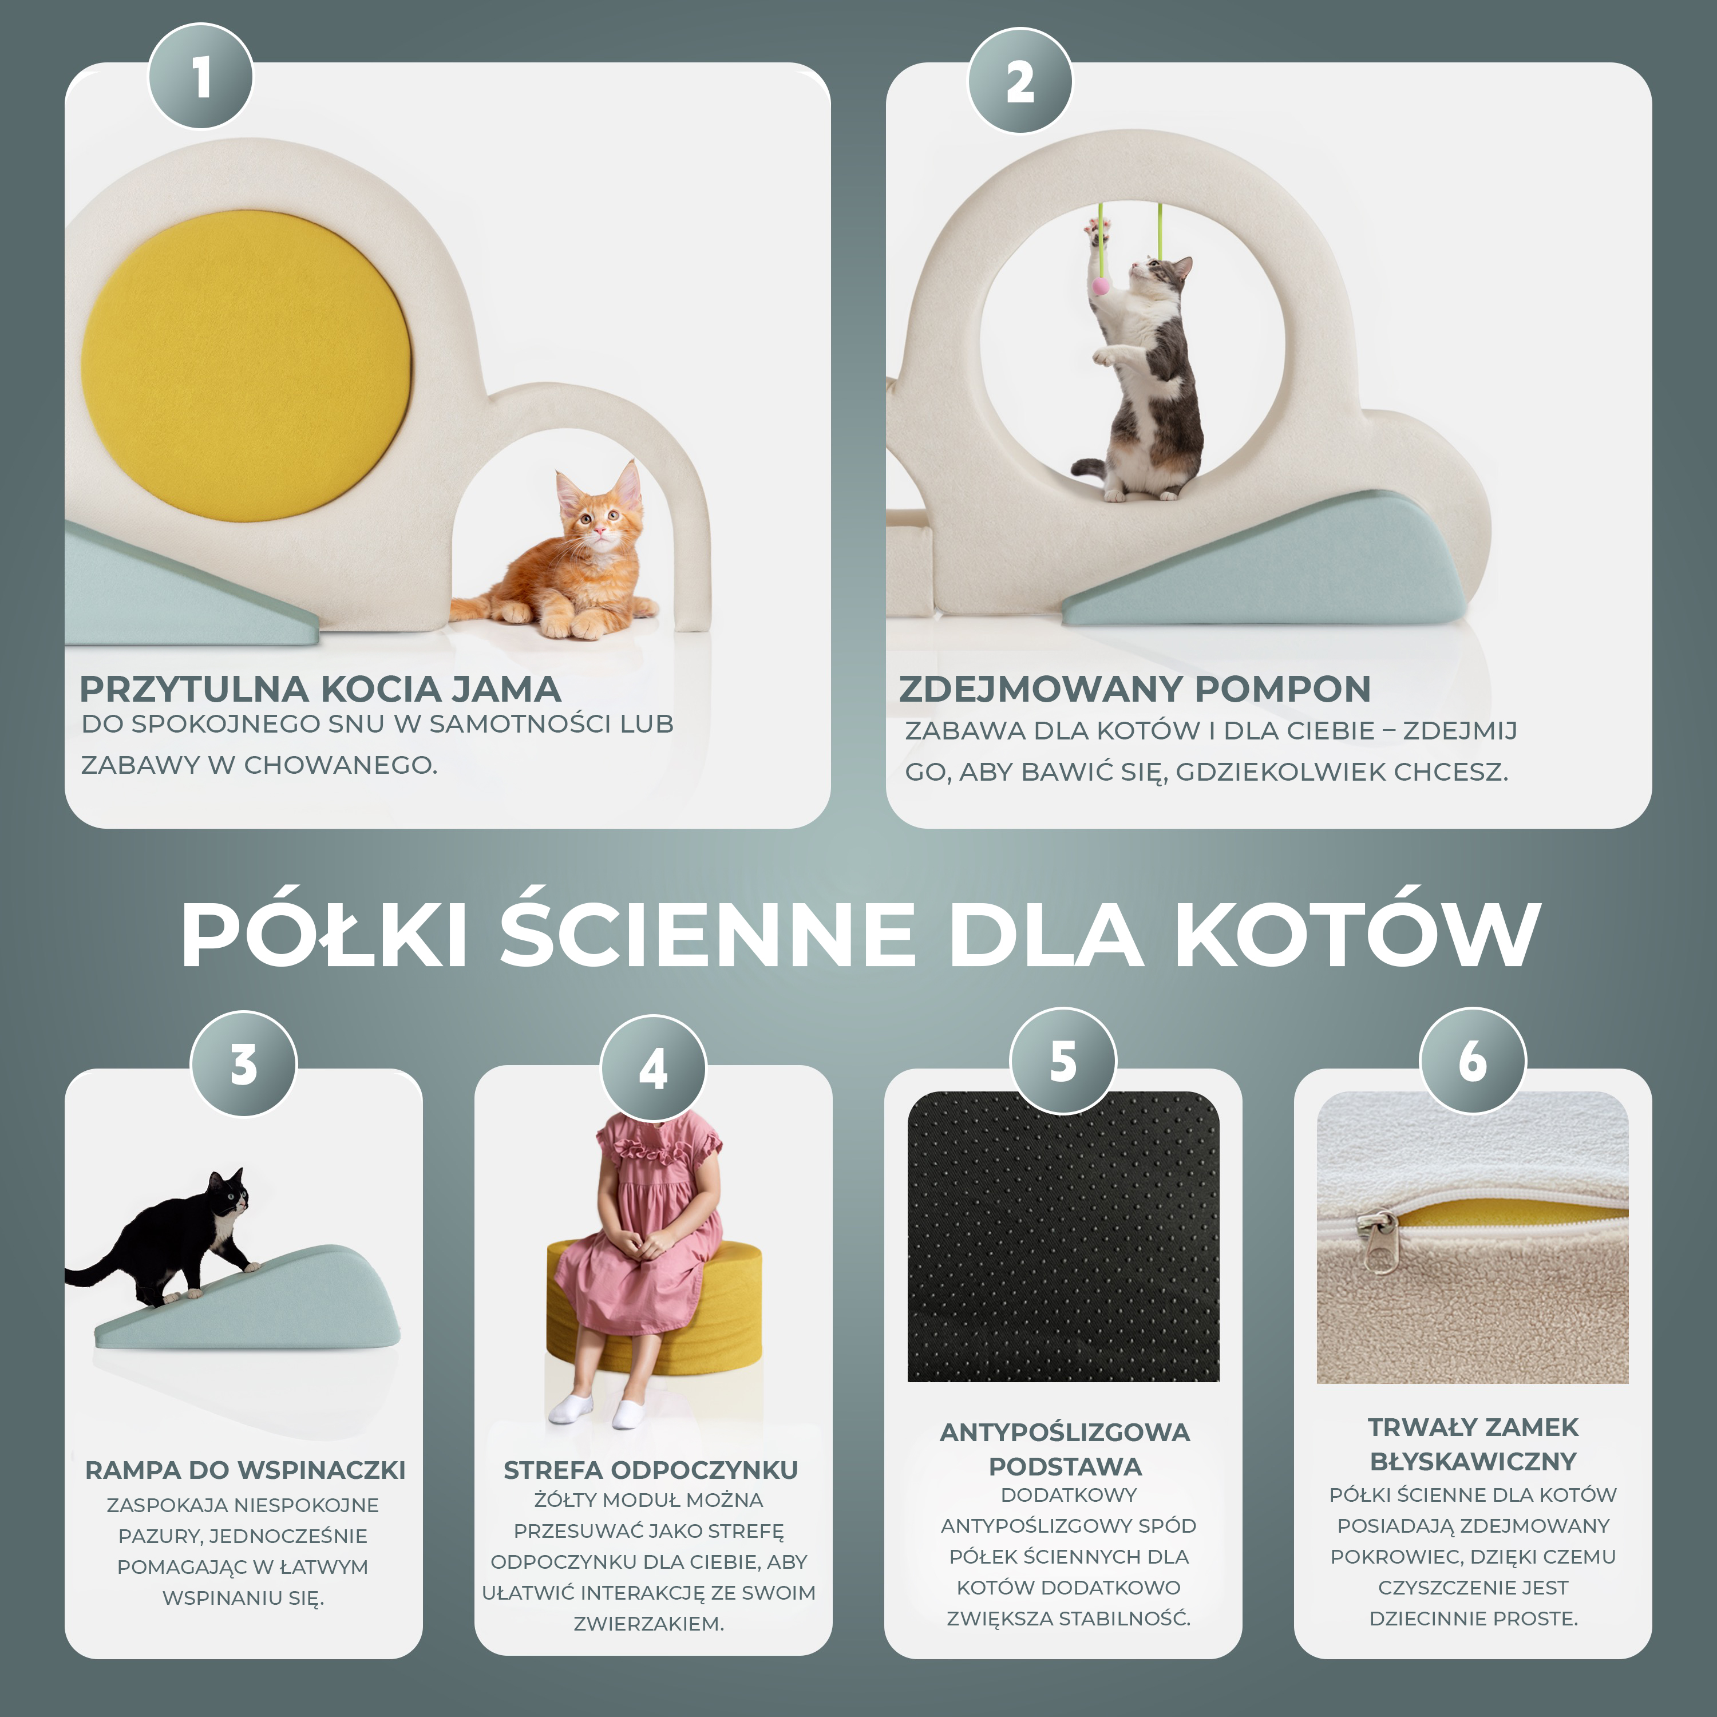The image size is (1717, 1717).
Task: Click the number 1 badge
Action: coord(201,77)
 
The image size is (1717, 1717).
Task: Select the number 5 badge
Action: coord(1063,1060)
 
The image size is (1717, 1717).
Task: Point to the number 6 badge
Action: coord(1473,1060)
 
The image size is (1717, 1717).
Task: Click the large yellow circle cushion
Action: coord(246,365)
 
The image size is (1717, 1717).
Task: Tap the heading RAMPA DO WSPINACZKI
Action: coord(246,1470)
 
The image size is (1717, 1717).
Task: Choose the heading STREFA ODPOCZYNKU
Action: coord(651,1470)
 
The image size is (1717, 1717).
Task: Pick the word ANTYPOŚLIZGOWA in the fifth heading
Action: coord(1065,1433)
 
